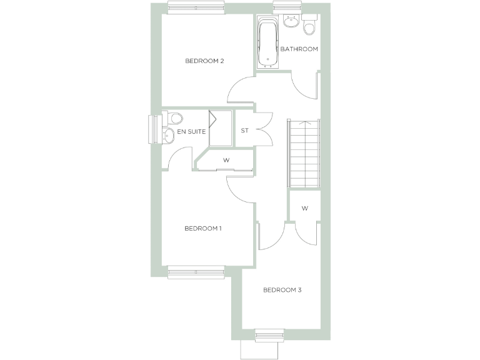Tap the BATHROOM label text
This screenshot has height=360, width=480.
coord(299,49)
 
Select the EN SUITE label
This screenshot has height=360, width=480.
coord(191,132)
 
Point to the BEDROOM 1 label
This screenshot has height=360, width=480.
coord(203,229)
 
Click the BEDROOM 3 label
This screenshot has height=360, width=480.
coord(282,290)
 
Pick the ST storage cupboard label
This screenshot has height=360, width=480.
coord(245,131)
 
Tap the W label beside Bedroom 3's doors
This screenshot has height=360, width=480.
coord(304,208)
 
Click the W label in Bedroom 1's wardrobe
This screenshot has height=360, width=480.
coord(226,160)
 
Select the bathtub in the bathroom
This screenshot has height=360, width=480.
coord(268,44)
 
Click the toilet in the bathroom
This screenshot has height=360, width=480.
coord(309,27)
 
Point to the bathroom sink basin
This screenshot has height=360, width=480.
coord(291,23)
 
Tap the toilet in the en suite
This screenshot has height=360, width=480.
coord(174,118)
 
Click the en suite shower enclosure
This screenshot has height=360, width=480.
coord(220,129)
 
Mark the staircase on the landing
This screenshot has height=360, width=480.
coord(303,152)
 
